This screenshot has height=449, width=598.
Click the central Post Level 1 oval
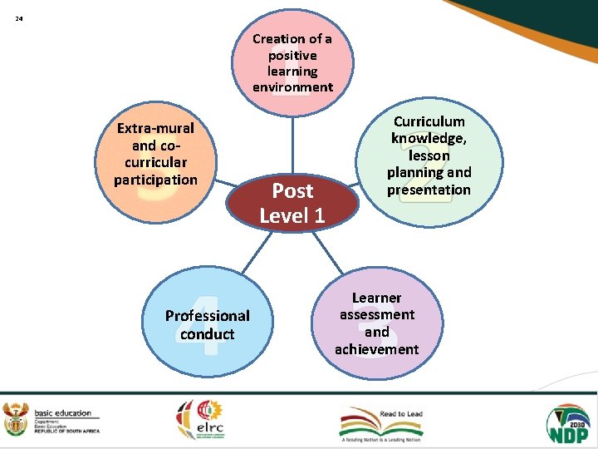pyautogui.click(x=292, y=203)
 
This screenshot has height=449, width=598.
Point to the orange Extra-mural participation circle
pyautogui.click(x=157, y=154)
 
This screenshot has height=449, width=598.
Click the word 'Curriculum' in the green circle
pyautogui.click(x=429, y=121)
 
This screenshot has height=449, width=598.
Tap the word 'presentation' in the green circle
pyautogui.click(x=429, y=190)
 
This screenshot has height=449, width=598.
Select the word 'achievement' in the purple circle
pyautogui.click(x=377, y=349)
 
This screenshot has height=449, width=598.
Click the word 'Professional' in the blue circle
pyautogui.click(x=208, y=315)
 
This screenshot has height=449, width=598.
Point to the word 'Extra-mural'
pyautogui.click(x=156, y=128)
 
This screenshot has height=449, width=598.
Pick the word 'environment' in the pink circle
pyautogui.click(x=292, y=87)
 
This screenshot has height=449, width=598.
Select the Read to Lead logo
pyautogui.click(x=382, y=422)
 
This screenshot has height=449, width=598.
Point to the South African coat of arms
pyautogui.click(x=16, y=420)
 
